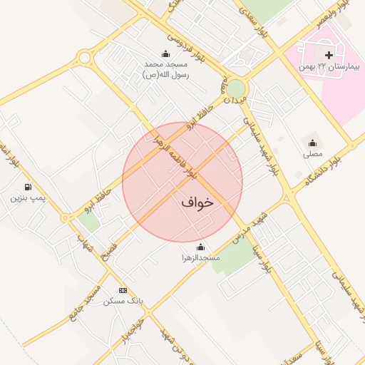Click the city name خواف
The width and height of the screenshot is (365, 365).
tap(197, 202)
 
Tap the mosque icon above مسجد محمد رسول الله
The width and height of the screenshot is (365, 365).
tap(166, 53)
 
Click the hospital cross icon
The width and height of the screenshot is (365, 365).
tap(329, 55)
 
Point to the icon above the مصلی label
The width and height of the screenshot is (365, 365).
tap(312, 143)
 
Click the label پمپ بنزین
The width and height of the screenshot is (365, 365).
tap(27, 198)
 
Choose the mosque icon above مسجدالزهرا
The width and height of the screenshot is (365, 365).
tap(200, 247)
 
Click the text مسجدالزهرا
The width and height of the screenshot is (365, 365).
tap(200, 257)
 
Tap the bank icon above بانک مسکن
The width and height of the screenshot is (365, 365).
tap(123, 290)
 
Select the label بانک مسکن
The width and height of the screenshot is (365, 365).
tap(123, 301)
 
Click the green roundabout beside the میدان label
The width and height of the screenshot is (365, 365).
tap(235, 89)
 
